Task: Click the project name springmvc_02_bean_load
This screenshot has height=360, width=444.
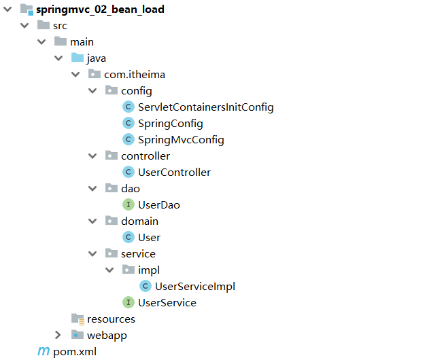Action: pos(99,10)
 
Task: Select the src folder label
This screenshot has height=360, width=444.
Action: pos(60,26)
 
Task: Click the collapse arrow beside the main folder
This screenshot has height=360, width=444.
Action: pos(41,42)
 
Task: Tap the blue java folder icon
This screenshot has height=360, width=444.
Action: pos(78,58)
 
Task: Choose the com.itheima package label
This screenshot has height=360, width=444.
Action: pos(135,75)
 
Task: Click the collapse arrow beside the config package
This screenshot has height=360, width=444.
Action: pos(93,91)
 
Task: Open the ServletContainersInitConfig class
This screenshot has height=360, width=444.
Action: pos(205,107)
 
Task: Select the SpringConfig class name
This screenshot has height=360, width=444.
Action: pos(170,124)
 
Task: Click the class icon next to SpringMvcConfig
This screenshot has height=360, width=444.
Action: pos(128,140)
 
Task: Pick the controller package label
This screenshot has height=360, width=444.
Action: pos(146,156)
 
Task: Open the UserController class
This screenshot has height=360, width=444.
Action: pos(174,173)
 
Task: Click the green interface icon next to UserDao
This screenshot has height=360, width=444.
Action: pos(128,205)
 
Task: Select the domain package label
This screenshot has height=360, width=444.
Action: pos(139,221)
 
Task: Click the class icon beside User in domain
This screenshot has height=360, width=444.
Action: pos(128,238)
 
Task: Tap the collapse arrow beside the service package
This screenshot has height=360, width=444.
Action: pos(93,254)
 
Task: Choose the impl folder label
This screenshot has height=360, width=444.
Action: pos(149,270)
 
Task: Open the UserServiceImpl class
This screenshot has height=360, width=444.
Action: pos(194,287)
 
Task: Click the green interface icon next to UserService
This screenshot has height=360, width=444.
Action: pos(128,303)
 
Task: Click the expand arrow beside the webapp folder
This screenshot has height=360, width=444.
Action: pos(59,336)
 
